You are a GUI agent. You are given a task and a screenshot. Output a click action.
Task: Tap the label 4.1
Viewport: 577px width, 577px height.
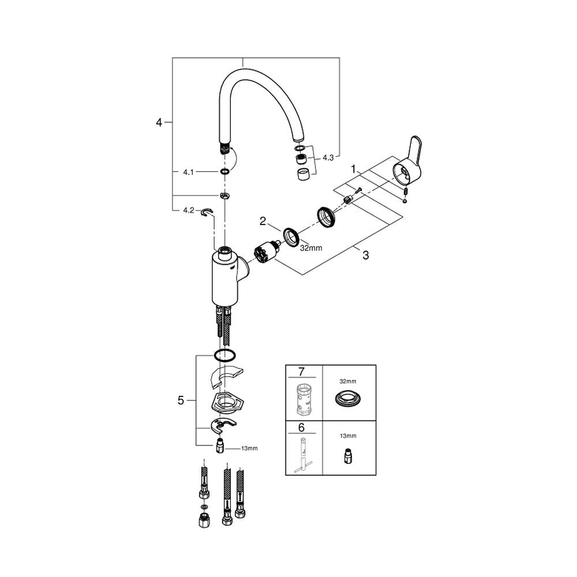click(188, 171)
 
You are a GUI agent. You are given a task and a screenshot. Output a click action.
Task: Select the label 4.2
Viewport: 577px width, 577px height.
click(188, 211)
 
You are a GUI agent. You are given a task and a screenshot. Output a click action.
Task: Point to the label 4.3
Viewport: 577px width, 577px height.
click(328, 157)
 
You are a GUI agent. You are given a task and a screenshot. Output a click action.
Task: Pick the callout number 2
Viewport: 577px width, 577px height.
click(263, 220)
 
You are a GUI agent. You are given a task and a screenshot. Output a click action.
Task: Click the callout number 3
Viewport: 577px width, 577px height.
click(365, 256)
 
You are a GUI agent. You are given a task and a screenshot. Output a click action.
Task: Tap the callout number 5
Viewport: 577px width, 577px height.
click(181, 400)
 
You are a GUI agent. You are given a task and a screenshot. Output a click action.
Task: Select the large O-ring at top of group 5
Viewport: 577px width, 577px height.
click(225, 354)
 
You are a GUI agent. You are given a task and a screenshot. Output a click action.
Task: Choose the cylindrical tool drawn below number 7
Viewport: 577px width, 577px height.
click(304, 399)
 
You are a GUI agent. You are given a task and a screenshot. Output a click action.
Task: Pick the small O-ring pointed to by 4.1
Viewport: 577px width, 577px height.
click(225, 171)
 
